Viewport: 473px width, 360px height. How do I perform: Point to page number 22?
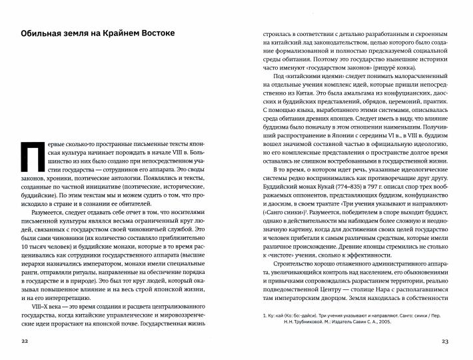pos(26,341)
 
